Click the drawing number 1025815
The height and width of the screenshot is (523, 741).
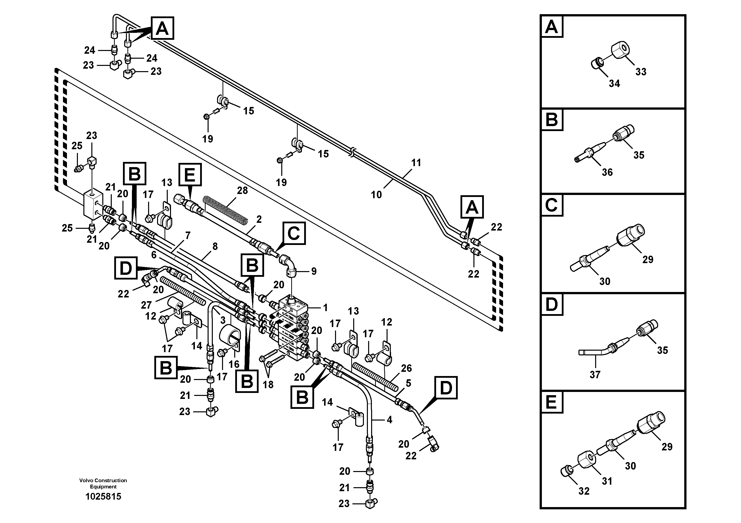click(x=103, y=497)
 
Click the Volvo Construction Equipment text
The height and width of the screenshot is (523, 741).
click(x=103, y=483)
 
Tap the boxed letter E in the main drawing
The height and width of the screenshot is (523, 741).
click(x=189, y=174)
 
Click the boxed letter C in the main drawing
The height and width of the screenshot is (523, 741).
click(x=294, y=233)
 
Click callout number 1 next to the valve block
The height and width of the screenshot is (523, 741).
click(x=325, y=308)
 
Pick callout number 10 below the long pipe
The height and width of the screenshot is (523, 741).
click(x=376, y=194)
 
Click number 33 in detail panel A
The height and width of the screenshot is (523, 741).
click(x=641, y=72)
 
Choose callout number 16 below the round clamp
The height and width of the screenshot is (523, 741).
click(x=234, y=364)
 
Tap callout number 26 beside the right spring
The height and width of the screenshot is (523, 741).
click(x=406, y=368)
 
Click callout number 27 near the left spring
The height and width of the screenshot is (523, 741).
click(x=146, y=305)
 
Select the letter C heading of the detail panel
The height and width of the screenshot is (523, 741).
click(x=551, y=205)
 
